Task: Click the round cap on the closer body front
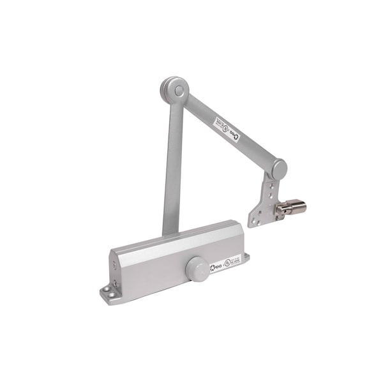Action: pos(197,269)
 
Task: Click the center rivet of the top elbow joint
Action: pos(178,91)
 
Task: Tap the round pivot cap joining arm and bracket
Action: pos(278,169)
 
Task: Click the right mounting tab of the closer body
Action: pos(246,258)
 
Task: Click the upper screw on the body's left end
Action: pos(116,267)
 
